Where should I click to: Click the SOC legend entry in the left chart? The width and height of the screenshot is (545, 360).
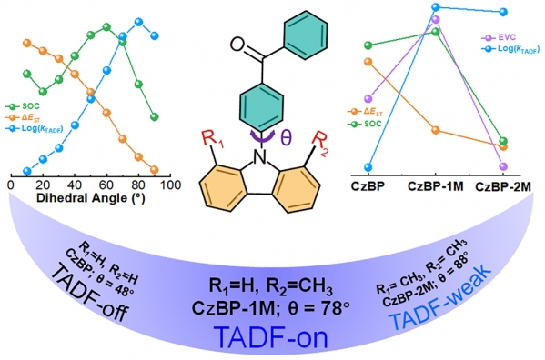coord(23,106)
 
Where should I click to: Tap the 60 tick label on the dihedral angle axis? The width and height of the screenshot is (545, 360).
coord(106,185)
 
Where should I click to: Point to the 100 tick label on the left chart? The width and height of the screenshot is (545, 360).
coord(171,185)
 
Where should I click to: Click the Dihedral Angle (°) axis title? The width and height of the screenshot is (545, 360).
coord(91,198)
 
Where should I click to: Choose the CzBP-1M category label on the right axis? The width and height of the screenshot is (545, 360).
coord(435,186)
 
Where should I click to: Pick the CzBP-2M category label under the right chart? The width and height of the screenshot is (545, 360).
coord(503,187)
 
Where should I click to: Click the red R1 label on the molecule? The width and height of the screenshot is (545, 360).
coord(213,140)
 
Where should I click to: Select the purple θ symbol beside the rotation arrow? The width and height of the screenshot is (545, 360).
coord(286,137)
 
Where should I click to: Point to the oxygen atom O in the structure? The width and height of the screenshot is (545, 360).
coord(237,44)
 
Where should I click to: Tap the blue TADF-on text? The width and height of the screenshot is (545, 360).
coord(271,337)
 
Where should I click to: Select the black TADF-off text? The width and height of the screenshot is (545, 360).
coord(90,293)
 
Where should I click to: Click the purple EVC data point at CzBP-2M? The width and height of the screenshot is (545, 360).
coord(503,166)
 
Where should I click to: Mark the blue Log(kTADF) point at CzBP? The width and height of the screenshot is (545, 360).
coord(368,167)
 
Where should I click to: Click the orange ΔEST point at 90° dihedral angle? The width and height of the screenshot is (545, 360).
coord(155,170)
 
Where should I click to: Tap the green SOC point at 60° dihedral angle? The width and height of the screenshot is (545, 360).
coord(106,26)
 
